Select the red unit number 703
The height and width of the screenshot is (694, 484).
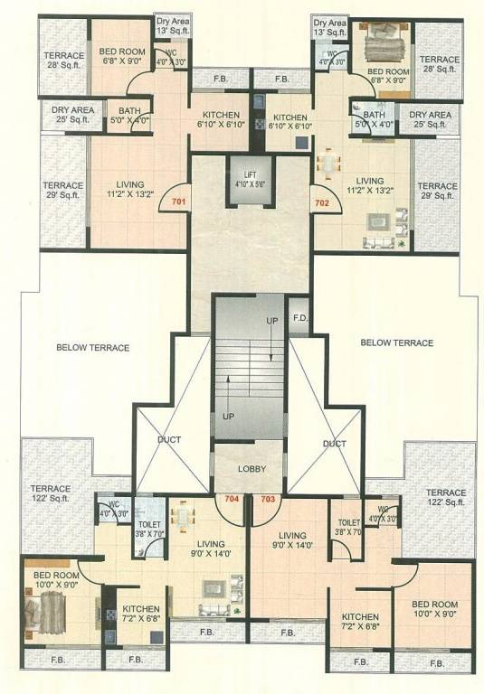click(268, 498)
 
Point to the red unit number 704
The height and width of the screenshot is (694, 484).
click(231, 498)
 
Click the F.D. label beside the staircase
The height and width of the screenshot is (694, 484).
click(299, 319)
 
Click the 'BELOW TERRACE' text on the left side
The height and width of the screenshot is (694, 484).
click(92, 347)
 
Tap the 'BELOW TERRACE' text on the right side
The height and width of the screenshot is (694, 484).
click(396, 342)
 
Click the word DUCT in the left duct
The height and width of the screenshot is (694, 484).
click(168, 439)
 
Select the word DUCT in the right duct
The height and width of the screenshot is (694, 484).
click(334, 444)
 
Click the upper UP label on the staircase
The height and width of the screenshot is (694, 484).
click(271, 321)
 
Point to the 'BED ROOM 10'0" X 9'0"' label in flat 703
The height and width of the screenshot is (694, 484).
click(433, 610)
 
